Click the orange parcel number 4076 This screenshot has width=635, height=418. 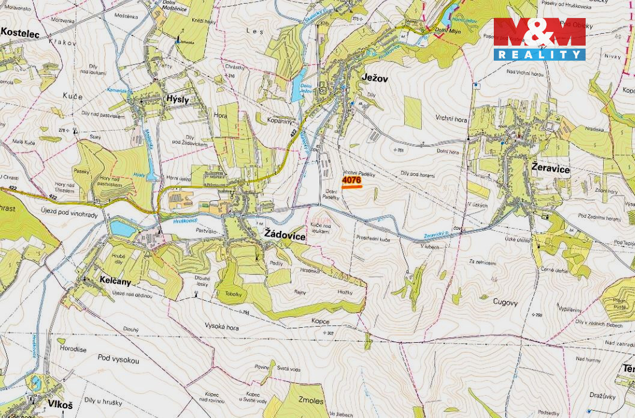(x=351, y=180)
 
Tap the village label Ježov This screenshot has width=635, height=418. (x=375, y=78)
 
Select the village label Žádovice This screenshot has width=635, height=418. (x=285, y=237)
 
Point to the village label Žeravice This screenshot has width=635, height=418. (x=550, y=170)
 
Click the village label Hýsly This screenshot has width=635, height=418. (x=178, y=100)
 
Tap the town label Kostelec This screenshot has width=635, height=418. (x=20, y=34)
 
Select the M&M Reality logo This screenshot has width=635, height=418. (x=539, y=39)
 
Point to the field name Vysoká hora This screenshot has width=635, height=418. (x=222, y=327)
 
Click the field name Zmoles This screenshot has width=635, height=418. (x=311, y=401)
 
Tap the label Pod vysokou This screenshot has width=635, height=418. (x=118, y=360)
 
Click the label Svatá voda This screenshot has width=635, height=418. (x=290, y=369)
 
